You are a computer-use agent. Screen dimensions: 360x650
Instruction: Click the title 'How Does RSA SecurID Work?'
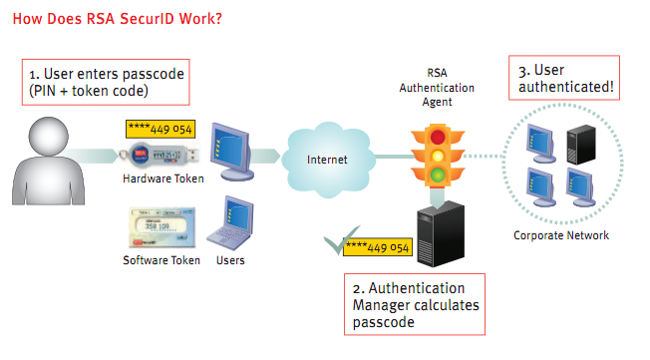coord(119,18)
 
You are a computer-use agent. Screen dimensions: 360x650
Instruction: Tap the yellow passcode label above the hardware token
coord(159,129)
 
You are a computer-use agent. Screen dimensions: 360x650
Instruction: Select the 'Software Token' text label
coord(162,260)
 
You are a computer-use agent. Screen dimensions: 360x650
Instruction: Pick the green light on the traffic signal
coord(438,176)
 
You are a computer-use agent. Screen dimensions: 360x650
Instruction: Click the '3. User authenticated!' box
coord(566,79)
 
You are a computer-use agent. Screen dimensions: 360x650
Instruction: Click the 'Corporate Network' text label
coord(561,235)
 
